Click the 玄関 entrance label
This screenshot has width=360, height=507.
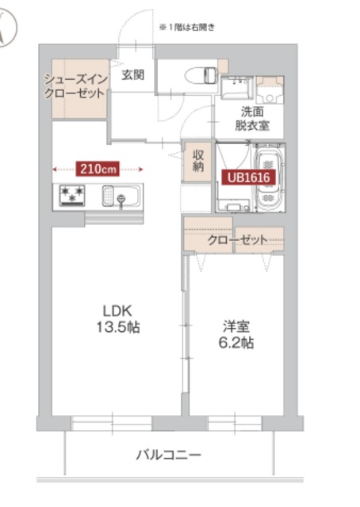coord(132,75)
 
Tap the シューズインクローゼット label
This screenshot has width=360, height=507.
coord(75,86)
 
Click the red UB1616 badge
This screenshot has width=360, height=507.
coord(249,178)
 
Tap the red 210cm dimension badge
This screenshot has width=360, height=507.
coord(98,168)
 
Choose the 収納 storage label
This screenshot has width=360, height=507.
coord(197,160)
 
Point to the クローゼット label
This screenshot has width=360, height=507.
coord(237,239)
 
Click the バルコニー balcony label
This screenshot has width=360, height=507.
coord(168,455)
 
